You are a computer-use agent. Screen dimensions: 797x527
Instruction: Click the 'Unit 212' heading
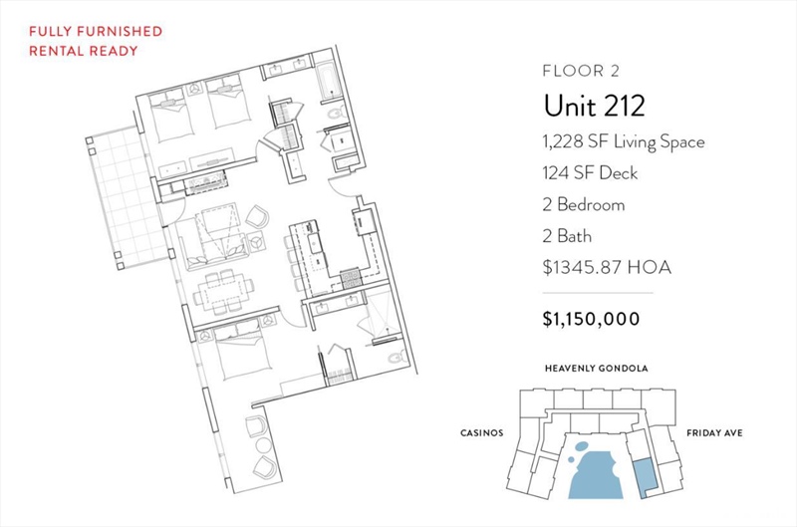[594, 106]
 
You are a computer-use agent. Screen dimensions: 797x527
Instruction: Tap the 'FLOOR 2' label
[581, 71]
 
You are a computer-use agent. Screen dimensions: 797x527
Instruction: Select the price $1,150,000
[591, 319]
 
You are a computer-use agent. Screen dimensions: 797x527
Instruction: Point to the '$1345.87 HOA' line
[607, 267]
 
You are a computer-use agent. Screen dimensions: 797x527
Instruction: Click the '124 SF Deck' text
[590, 173]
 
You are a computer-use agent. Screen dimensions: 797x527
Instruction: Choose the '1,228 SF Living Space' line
[624, 141]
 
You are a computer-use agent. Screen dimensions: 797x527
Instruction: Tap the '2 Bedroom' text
[584, 205]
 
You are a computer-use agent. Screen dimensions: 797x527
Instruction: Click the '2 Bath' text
[567, 236]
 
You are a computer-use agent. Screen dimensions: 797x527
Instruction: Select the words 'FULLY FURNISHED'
[96, 31]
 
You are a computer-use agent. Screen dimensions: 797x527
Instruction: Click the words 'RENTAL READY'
[84, 51]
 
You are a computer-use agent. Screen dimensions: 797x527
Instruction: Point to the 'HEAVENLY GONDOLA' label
[596, 368]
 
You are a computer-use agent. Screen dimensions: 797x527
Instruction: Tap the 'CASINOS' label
[482, 433]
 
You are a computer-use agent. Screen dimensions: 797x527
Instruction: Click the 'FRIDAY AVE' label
[714, 433]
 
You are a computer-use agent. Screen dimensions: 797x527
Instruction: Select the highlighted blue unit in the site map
[644, 478]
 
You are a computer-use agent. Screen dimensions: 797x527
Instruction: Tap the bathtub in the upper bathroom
[329, 80]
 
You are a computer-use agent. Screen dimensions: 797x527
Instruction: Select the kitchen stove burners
[351, 278]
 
